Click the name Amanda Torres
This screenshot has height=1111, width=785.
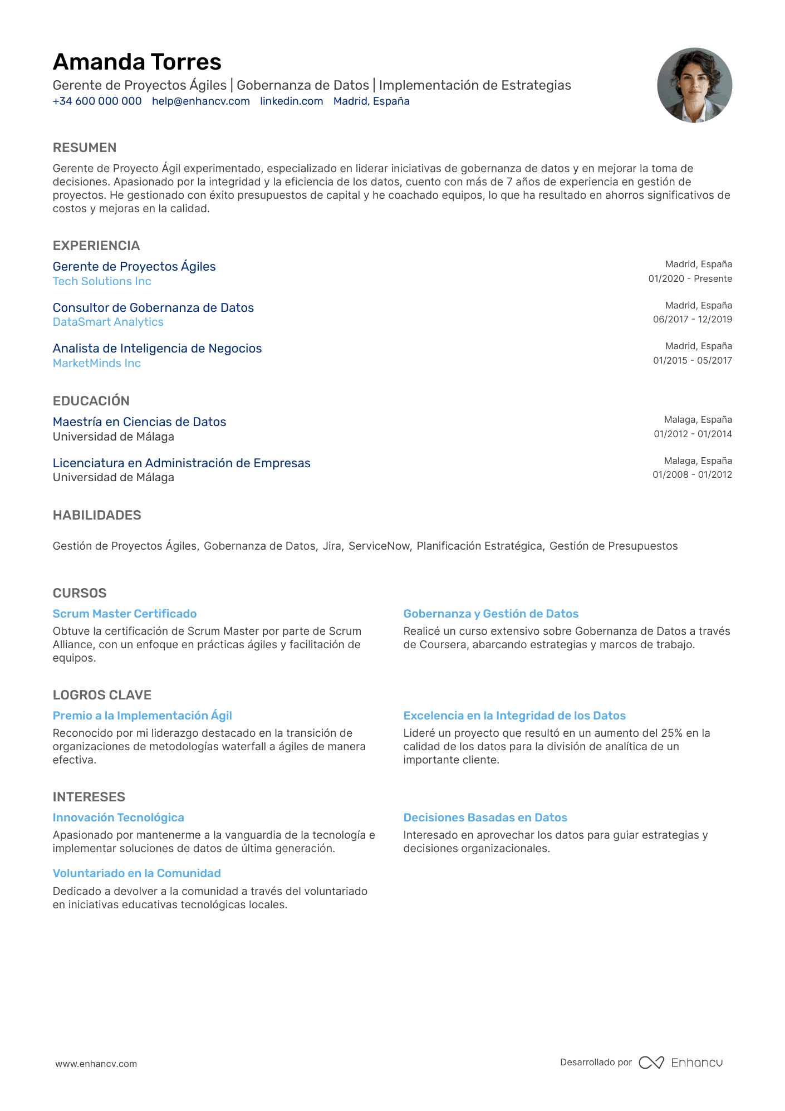(137, 62)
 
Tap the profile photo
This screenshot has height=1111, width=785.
(694, 85)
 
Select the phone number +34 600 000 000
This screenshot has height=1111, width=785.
(97, 101)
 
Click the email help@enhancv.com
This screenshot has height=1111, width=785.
(200, 101)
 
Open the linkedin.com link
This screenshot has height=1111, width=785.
(291, 101)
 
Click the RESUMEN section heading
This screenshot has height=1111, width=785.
(85, 148)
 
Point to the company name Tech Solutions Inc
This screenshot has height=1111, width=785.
(102, 281)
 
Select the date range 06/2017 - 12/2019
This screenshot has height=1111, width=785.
(692, 319)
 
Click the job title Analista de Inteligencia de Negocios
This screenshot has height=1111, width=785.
(157, 349)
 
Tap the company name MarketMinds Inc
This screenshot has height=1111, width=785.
(96, 363)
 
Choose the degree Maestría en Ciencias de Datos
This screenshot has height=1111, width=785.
(139, 422)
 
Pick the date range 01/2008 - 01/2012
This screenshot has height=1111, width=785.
(692, 474)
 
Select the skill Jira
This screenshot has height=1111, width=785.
(332, 546)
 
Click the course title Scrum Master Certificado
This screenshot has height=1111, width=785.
(125, 614)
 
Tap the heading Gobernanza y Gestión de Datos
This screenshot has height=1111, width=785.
(490, 614)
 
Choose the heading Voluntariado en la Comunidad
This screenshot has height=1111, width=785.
(136, 873)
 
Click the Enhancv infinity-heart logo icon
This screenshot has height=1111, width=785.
(651, 1063)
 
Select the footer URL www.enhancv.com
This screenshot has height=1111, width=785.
(96, 1064)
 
